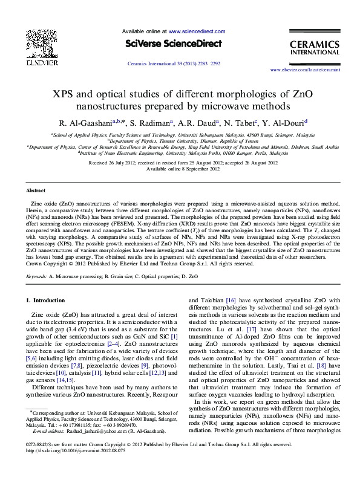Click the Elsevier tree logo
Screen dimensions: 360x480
click(28, 47)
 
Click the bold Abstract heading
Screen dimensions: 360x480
click(36, 190)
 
